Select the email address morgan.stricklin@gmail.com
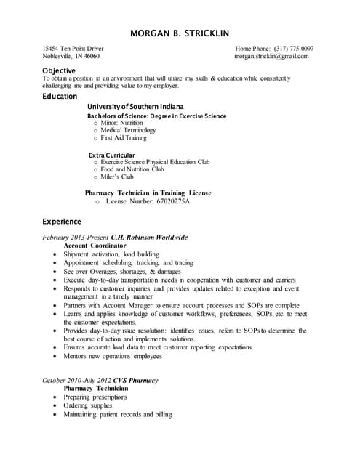pos(271,56)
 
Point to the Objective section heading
pos(59,70)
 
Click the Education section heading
pos(60,96)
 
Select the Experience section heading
pos(62,221)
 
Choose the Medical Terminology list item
pos(128,130)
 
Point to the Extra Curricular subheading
pos(111,155)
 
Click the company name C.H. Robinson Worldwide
pos(149,238)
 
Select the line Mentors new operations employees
pos(113,356)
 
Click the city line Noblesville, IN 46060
pos(71,56)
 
